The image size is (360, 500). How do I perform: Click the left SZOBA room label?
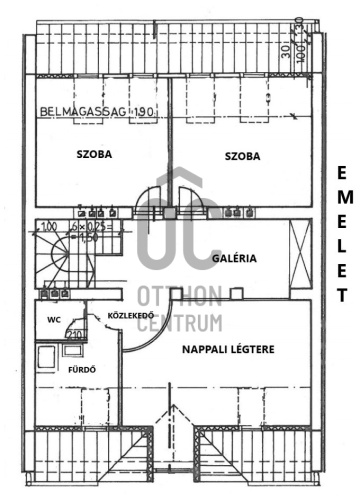click(94, 155)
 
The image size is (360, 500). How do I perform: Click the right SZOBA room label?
click(242, 156)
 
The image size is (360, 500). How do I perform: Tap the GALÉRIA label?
click(235, 258)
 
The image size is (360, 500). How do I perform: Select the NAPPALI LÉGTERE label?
click(228, 349)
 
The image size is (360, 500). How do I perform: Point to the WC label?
click(54, 321)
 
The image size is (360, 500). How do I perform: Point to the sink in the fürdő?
click(72, 349)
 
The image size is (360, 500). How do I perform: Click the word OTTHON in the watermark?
click(179, 297)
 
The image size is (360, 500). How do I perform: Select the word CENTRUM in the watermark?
click(179, 322)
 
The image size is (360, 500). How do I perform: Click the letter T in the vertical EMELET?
click(340, 296)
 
